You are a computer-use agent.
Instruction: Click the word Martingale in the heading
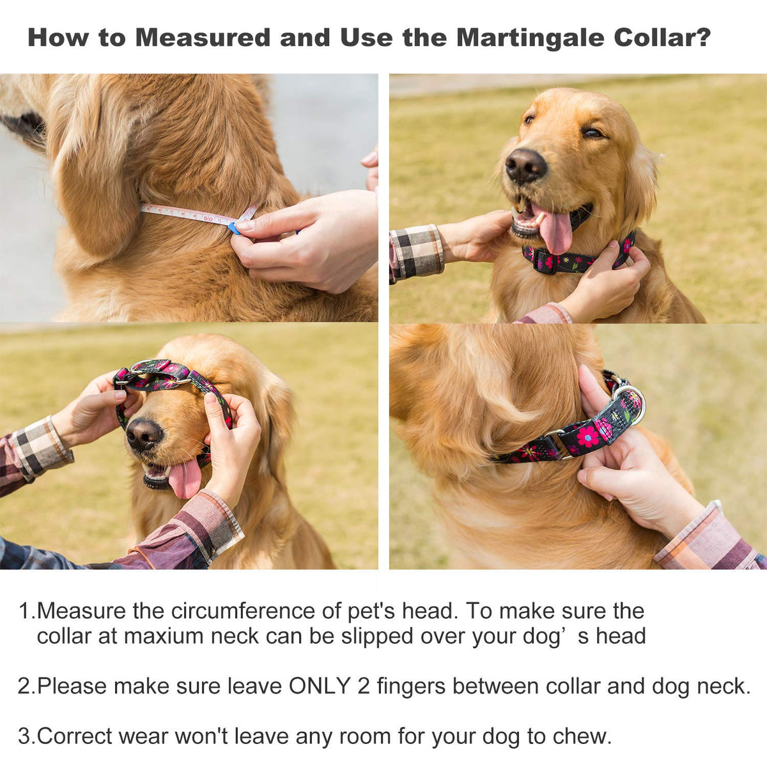pyautogui.click(x=531, y=38)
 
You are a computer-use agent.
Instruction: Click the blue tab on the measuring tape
pyautogui.click(x=234, y=228)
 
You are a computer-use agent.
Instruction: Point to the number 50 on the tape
pyautogui.click(x=208, y=219)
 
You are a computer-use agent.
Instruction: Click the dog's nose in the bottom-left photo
pyautogui.click(x=144, y=435)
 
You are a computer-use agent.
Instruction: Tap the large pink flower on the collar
pyautogui.click(x=587, y=437)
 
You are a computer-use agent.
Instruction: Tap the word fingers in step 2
pyautogui.click(x=411, y=686)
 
